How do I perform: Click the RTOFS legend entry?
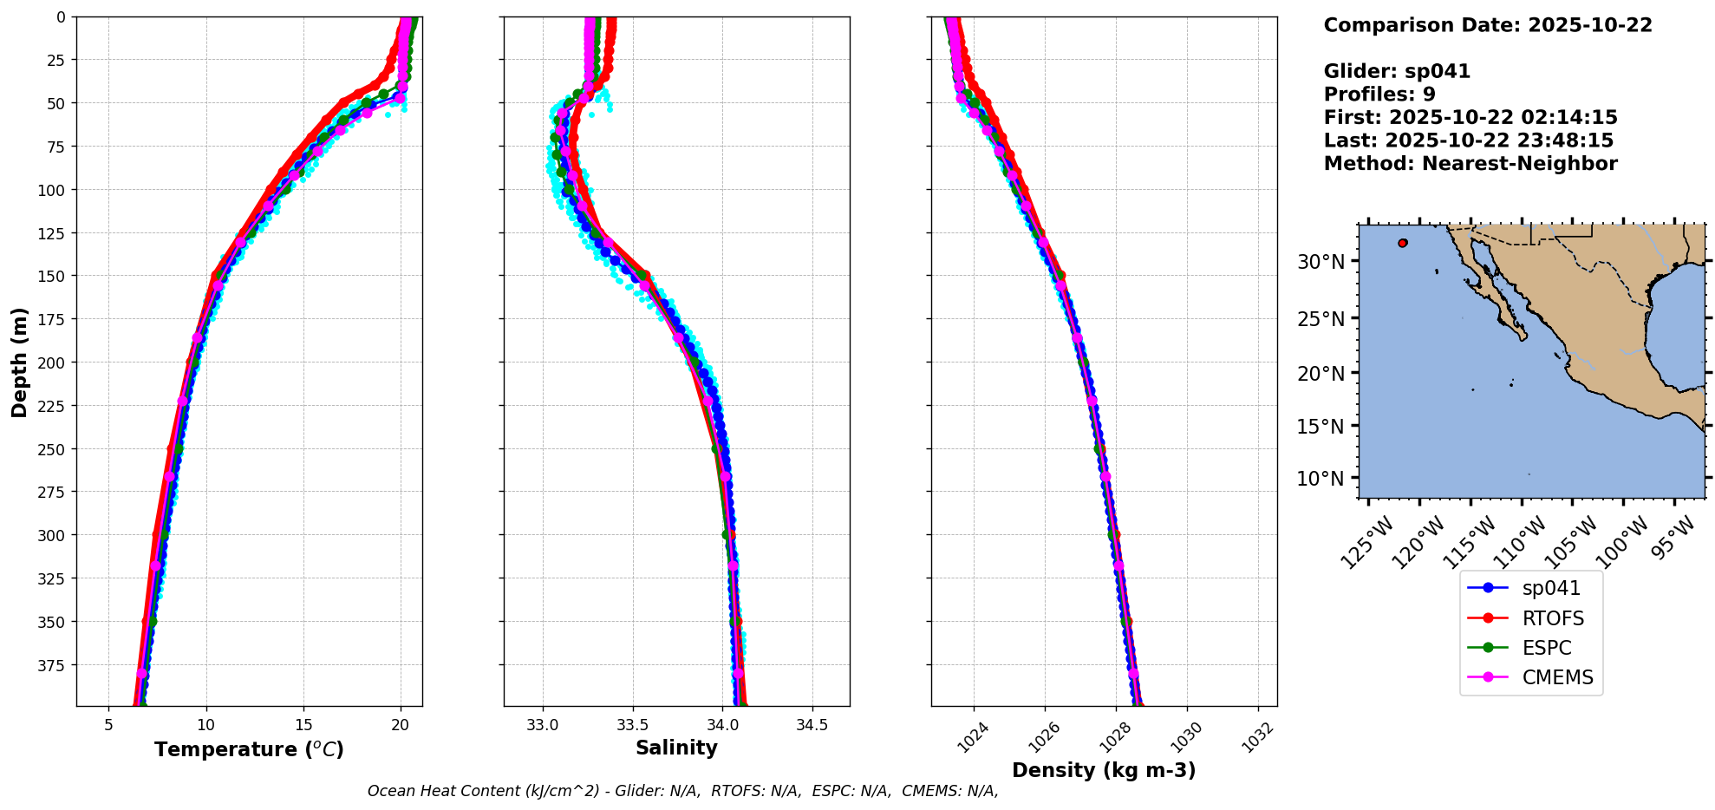[1552, 618]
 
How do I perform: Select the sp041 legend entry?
[1550, 588]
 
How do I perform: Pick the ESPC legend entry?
[1546, 648]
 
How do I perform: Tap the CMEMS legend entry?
[1557, 677]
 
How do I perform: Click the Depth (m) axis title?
[19, 362]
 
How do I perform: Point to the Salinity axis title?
[676, 748]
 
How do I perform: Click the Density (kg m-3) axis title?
[1104, 770]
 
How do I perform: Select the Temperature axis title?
[249, 749]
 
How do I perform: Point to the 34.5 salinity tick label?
[812, 724]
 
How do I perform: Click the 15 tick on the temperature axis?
[303, 724]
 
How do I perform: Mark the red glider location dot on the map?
[1402, 243]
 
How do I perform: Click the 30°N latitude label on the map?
[1320, 262]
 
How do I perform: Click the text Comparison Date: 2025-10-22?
[1488, 25]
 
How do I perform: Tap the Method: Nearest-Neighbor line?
[1470, 164]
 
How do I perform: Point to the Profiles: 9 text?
[1379, 95]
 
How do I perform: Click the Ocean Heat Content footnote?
[682, 791]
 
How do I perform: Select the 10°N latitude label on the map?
[1320, 479]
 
